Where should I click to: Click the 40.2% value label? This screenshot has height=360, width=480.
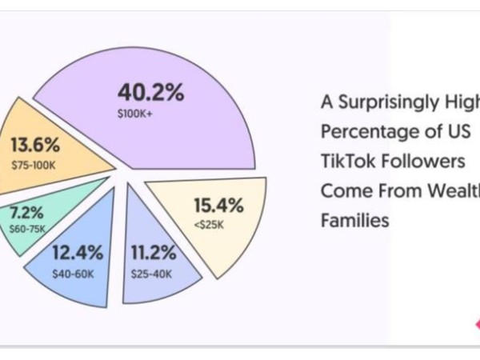[x=150, y=92]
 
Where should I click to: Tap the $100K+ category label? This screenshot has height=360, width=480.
[x=134, y=114]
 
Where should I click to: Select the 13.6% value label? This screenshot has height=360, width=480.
[x=35, y=147]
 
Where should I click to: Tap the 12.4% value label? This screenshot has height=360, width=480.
[x=78, y=254]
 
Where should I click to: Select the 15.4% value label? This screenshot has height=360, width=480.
[x=216, y=206]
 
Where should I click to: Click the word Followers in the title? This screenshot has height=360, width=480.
[x=425, y=161]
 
